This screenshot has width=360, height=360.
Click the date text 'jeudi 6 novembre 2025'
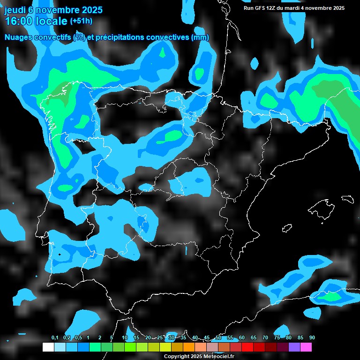53,10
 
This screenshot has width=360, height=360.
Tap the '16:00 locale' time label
36,21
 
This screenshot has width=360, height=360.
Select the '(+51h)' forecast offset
81,21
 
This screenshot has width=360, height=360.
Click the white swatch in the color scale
48,347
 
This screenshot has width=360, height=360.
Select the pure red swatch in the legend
247,347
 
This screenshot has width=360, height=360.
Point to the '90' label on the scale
312,337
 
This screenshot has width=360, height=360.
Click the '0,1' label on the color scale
55,337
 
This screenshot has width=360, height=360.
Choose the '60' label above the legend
241,337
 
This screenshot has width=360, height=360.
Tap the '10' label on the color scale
125,337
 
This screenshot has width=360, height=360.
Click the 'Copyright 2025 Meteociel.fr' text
199,356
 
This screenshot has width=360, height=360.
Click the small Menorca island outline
347,199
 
